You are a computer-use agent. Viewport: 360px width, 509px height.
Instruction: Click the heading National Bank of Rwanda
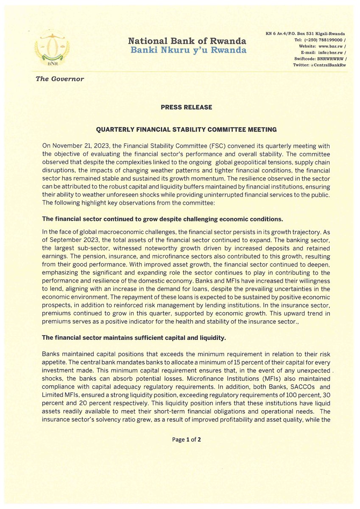(187, 41)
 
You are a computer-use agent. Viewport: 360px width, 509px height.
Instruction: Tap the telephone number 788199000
(327, 39)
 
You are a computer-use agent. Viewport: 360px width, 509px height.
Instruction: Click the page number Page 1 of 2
(186, 439)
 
